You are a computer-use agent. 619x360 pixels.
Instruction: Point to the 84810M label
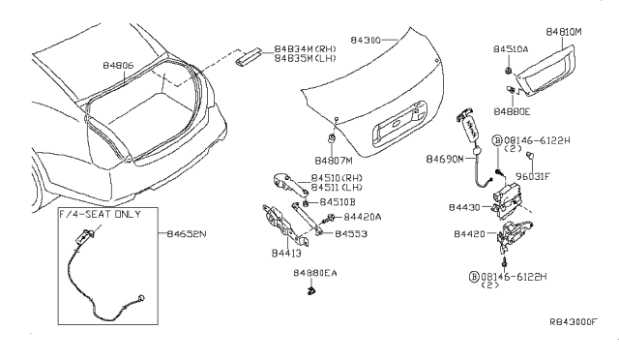[568, 31]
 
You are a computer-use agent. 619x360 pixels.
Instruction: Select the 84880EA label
[315, 274]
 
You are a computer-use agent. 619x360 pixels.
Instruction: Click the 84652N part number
[188, 233]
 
